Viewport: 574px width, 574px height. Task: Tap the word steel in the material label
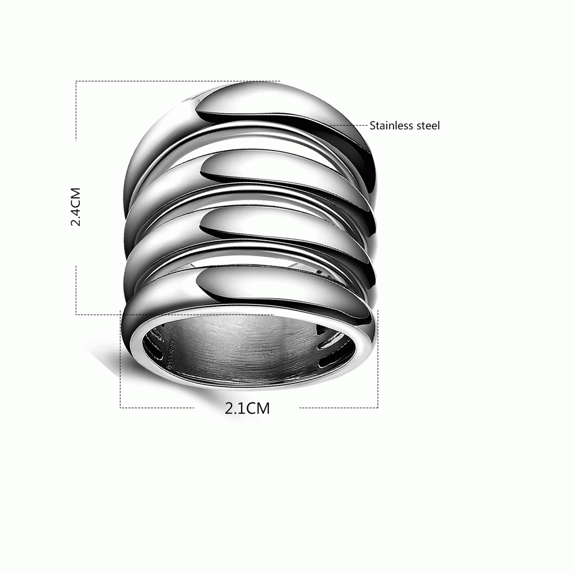[428, 126]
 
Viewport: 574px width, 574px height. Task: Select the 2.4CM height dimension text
[76, 207]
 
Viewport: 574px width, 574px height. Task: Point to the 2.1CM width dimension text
[247, 408]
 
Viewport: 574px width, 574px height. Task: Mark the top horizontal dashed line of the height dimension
[178, 81]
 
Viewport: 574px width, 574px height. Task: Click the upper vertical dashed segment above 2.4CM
[76, 111]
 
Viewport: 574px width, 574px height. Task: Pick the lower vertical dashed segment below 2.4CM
[76, 290]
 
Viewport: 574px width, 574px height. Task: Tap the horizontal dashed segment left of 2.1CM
[157, 408]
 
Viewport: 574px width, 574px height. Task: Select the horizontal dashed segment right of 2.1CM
[339, 408]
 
